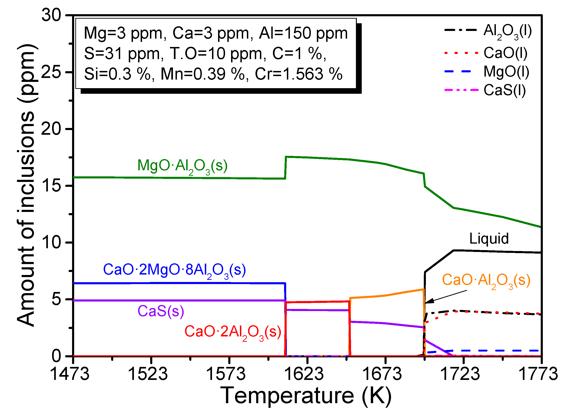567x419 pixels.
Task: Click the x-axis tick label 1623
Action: coord(304,374)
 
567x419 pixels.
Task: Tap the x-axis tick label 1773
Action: coord(538,374)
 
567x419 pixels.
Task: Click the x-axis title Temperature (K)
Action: coord(306,396)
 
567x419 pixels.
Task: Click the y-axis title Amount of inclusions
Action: coord(26,185)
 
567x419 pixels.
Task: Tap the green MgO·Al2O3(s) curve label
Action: coord(182,166)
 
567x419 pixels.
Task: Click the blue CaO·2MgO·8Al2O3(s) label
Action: coord(174,270)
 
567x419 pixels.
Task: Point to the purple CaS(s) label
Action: coord(161,311)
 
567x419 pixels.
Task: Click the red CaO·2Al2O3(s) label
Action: coord(233,332)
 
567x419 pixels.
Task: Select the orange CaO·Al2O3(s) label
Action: coord(486,281)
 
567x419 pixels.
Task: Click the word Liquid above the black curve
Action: coord(489,239)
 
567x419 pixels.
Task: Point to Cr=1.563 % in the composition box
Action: coord(298,74)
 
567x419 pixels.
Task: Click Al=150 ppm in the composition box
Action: coord(303,33)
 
